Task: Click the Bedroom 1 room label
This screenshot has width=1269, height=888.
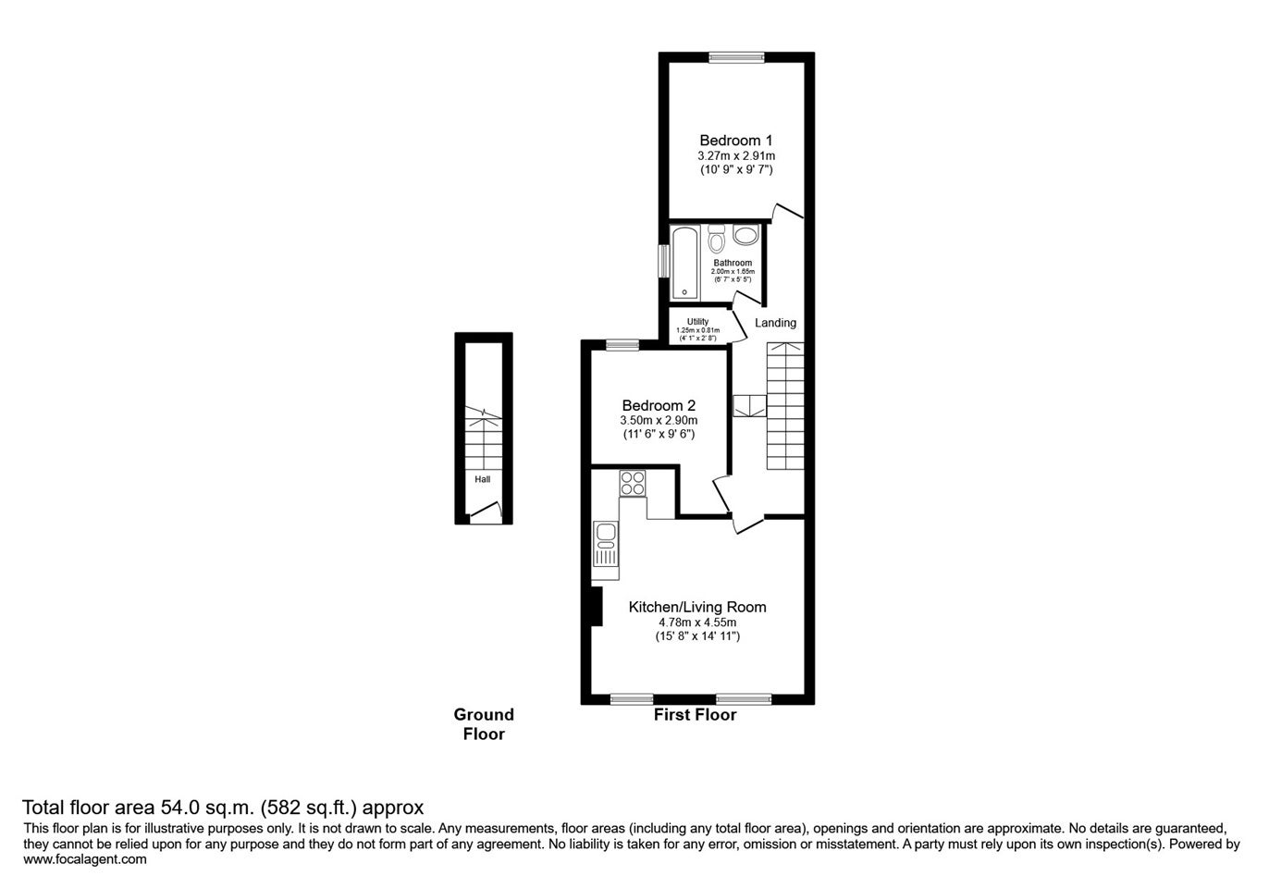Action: coord(736,140)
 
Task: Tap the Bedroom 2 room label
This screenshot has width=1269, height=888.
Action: coord(659,405)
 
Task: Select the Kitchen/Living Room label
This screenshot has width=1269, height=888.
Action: coord(697,607)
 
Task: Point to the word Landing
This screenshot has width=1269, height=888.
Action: coord(776,323)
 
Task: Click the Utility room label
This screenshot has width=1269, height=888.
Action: coord(697,321)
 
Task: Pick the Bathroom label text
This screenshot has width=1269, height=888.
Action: coord(733,263)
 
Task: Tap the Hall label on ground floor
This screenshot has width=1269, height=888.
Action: coord(483,479)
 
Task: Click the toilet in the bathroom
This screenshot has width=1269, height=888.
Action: coord(717,239)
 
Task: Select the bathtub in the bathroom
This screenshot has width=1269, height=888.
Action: coord(685,263)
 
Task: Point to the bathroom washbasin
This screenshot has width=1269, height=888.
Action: coord(745,235)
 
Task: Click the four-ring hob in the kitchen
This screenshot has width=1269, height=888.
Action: coord(633,484)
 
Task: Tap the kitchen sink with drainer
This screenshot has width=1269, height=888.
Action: coord(606,544)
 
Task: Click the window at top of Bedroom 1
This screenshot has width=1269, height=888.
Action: coord(736,57)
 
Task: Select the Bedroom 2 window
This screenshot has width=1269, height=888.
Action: coord(622,344)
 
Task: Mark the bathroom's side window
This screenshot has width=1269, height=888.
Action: coord(663,261)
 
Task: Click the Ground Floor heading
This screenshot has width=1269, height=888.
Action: coord(484,724)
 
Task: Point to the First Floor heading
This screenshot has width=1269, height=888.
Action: coord(696,715)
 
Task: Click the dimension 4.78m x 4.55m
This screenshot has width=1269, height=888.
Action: coord(697,623)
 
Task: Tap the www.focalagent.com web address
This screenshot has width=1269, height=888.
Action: coord(85,859)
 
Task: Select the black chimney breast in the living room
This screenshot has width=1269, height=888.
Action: coord(596,607)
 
